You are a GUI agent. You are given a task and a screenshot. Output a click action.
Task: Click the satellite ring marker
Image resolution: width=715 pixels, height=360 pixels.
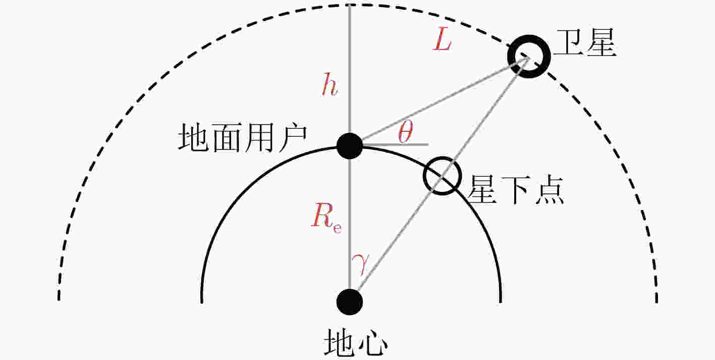pyautogui.click(x=542, y=57)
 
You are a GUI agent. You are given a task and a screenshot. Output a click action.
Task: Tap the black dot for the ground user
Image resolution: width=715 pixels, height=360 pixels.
pyautogui.click(x=350, y=146)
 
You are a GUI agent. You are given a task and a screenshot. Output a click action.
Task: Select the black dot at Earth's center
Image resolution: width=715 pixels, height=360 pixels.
pyautogui.click(x=350, y=302)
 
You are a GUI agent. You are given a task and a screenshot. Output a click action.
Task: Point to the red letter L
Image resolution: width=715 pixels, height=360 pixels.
pyautogui.click(x=443, y=39)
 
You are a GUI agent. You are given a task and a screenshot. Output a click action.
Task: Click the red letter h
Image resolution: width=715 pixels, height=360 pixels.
pyautogui.click(x=329, y=84)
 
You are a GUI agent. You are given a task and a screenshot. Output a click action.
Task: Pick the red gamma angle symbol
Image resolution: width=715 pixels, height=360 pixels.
pyautogui.click(x=361, y=264)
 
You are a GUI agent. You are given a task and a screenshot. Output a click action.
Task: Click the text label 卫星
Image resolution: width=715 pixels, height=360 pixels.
pyautogui.click(x=586, y=43)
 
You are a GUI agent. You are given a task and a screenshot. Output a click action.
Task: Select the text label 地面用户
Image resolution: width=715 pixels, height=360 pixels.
pyautogui.click(x=242, y=138)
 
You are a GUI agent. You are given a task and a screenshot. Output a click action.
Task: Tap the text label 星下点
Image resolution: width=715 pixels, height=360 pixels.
pyautogui.click(x=515, y=190)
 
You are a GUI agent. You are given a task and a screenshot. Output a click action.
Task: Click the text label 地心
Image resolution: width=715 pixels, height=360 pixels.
pyautogui.click(x=356, y=342)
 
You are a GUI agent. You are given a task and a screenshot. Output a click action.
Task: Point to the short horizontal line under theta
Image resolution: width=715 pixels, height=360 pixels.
pyautogui.click(x=395, y=145)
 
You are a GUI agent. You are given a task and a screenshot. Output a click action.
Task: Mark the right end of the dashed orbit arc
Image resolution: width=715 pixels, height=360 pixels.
pyautogui.click(x=656, y=301)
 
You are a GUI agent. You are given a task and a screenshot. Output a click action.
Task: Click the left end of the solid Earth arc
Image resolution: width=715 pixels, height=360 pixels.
pyautogui.click(x=202, y=302)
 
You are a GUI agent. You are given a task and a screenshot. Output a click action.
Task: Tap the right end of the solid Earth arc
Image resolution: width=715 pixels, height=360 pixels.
pyautogui.click(x=500, y=301)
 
